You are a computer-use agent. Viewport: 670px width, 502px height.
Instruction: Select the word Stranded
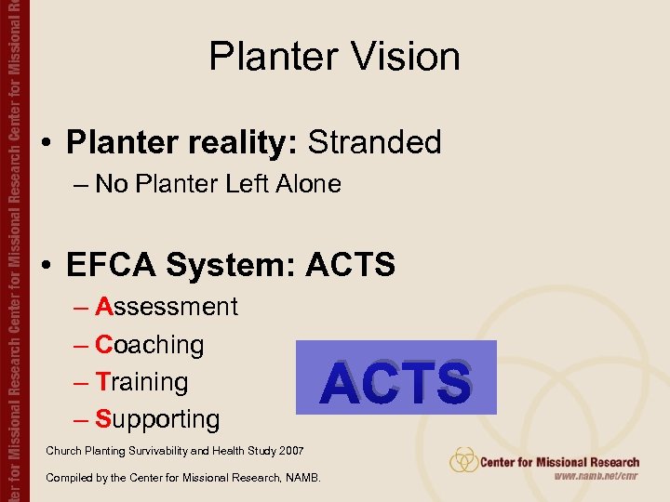[x=374, y=142]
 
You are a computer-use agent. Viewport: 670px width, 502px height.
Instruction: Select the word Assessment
[x=167, y=307]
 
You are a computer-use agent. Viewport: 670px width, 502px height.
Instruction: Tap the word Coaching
[x=150, y=345]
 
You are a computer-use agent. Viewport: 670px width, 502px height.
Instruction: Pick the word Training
[x=142, y=382]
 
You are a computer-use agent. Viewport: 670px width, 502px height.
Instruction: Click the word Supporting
[x=157, y=419]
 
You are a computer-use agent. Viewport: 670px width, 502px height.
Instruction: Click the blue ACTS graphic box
[x=395, y=377]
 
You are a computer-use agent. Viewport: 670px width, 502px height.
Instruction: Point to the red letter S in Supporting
[x=103, y=419]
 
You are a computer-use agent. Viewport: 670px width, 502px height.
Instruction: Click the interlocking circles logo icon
[x=463, y=460]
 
